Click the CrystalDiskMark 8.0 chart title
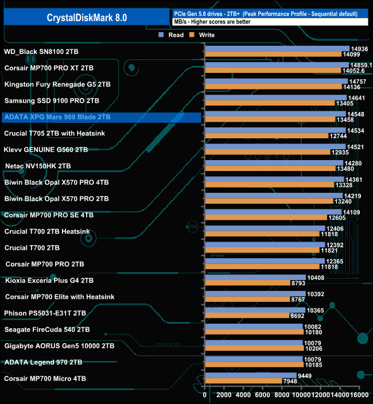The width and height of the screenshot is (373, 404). [x=87, y=17]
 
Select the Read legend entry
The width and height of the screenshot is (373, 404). [x=172, y=35]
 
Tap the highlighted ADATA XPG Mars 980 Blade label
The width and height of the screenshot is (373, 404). [x=57, y=117]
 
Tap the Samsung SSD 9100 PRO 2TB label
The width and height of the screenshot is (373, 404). [x=52, y=100]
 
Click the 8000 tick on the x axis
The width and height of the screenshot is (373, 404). [x=282, y=395]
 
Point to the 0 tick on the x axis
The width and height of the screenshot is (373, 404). [x=205, y=395]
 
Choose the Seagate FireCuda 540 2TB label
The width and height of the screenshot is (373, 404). [x=46, y=329]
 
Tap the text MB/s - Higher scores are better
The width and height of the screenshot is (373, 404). [x=213, y=22]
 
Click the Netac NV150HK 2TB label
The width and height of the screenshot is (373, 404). [x=38, y=166]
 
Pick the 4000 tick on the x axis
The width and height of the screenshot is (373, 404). [x=243, y=395]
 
